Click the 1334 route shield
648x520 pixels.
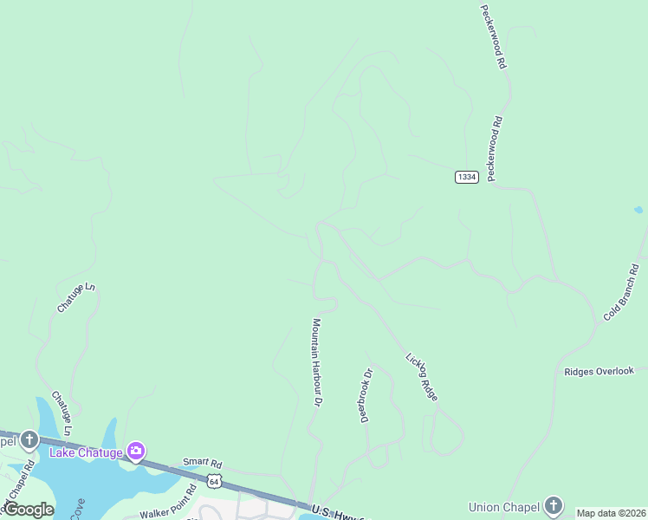click(466, 177)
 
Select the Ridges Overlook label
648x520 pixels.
click(599, 371)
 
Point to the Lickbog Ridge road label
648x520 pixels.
click(422, 376)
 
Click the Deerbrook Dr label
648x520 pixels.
click(366, 395)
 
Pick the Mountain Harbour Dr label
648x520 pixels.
click(317, 362)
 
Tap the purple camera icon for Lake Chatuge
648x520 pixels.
click(135, 451)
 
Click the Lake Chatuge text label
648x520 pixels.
click(86, 452)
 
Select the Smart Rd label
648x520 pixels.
click(202, 463)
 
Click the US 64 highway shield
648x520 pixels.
click(214, 479)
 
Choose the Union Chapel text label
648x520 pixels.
click(502, 507)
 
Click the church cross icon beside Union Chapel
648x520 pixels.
click(554, 507)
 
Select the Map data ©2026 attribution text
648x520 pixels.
click(611, 513)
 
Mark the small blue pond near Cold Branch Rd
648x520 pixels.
click(638, 210)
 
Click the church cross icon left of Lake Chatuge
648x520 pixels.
click(29, 441)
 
